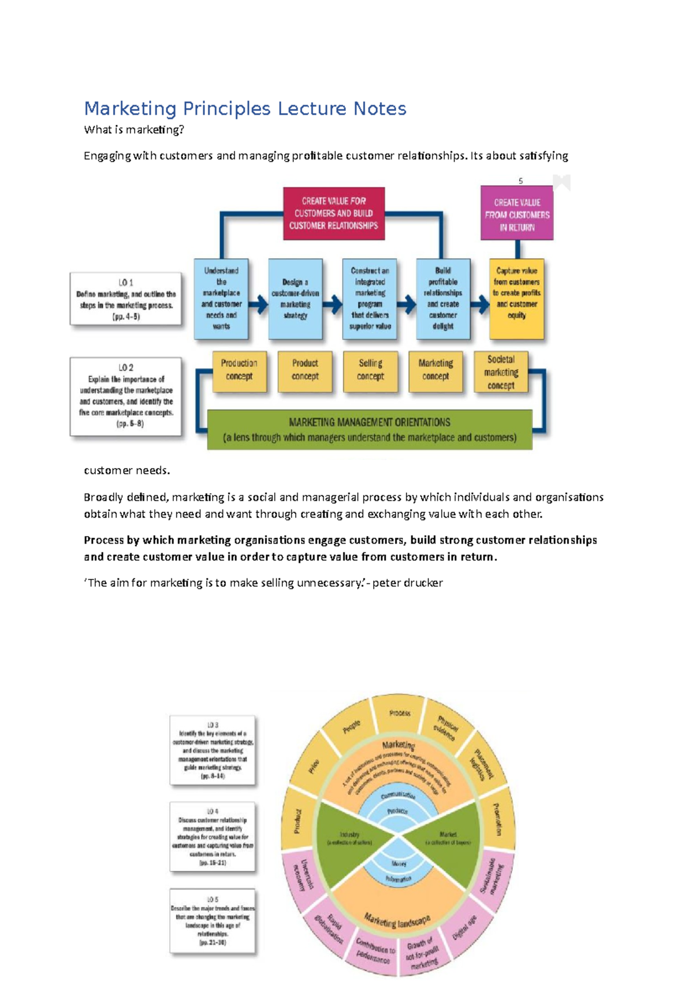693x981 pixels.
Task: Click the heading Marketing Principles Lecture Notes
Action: point(245,109)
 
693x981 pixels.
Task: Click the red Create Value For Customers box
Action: point(334,213)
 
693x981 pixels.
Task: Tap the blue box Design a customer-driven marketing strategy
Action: point(295,299)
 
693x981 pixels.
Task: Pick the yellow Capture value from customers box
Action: point(516,299)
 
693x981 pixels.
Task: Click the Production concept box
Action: point(239,370)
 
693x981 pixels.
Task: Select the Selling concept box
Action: point(370,370)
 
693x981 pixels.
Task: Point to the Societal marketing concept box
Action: point(501,372)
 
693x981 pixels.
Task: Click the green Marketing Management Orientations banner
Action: point(370,430)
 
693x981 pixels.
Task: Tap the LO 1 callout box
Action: point(126,299)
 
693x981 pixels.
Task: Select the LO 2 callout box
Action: point(126,396)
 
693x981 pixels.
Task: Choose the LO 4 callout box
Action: point(213,836)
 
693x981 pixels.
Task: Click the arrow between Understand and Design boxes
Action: point(259,304)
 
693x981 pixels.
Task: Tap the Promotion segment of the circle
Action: point(497,819)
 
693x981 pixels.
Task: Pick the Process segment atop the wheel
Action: point(399,714)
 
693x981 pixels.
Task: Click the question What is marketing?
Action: point(134,130)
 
